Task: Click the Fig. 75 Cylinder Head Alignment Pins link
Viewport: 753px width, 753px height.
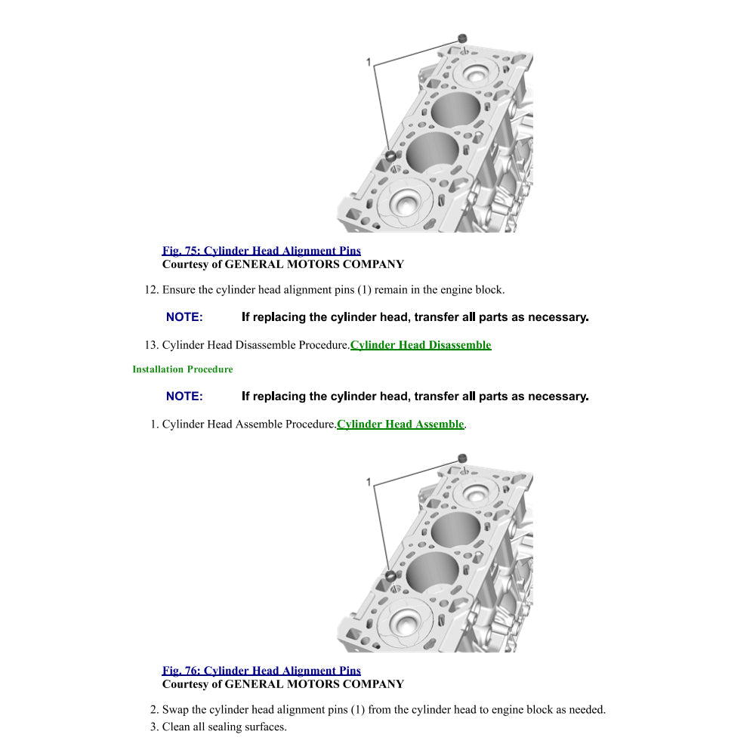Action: (261, 251)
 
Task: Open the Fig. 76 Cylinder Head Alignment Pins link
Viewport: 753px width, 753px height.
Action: (261, 671)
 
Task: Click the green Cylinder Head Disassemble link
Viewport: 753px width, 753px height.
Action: (421, 345)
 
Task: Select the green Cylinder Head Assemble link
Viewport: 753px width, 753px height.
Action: (400, 424)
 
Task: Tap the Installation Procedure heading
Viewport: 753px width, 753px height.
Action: (183, 369)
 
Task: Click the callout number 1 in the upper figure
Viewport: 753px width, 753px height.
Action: (369, 62)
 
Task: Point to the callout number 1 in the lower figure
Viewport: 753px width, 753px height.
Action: (369, 482)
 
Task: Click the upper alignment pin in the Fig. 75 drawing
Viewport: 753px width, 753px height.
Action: (462, 38)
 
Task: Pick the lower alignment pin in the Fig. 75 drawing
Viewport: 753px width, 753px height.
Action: (391, 156)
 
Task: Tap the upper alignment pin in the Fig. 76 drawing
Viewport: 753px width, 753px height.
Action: (462, 458)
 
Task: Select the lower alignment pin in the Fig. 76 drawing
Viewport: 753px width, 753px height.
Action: (391, 575)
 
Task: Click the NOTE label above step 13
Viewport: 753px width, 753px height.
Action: (184, 317)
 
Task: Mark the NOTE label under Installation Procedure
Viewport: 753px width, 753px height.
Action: (184, 397)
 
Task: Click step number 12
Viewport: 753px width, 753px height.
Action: (151, 289)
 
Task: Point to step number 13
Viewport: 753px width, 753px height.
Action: (151, 345)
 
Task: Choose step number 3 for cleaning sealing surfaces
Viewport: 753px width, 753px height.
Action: (154, 727)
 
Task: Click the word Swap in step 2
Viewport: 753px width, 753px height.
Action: (175, 710)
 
